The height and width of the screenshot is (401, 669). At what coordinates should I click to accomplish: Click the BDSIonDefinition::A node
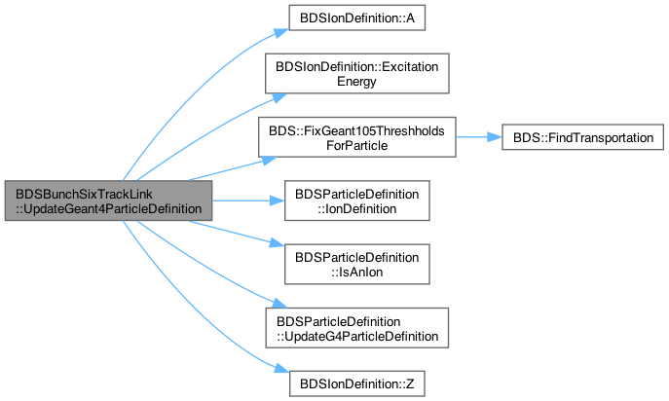coord(357,18)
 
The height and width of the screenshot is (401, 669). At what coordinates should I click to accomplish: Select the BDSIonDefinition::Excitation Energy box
coord(357,73)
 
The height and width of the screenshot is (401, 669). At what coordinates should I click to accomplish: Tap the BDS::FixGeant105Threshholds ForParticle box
coord(357,137)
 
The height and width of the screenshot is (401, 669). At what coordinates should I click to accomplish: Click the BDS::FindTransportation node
coord(582,137)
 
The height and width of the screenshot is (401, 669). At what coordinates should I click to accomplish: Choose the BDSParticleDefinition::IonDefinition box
coord(357,200)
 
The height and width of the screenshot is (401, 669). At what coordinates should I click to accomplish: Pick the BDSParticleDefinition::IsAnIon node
coord(357,265)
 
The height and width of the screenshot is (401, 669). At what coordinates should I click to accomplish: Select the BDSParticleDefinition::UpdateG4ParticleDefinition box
coord(357,328)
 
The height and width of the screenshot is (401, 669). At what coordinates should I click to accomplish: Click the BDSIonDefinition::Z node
coord(357,383)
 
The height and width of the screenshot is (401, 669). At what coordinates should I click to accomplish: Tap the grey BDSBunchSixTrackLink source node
coord(108,200)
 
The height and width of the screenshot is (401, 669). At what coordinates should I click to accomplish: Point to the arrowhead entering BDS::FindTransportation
coord(495,137)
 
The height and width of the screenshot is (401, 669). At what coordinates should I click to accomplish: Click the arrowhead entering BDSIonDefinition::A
coord(282,32)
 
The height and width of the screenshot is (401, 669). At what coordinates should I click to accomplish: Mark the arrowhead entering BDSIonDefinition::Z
coord(282,369)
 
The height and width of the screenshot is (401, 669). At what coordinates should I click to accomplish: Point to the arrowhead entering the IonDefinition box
coord(278,200)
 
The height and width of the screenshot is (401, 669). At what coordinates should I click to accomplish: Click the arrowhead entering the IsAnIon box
coord(278,244)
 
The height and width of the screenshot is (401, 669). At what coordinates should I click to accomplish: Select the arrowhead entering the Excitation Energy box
coord(279,97)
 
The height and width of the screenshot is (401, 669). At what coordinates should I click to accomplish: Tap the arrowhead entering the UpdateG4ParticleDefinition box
coord(279,304)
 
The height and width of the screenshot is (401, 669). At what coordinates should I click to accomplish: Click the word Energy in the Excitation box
coord(356,81)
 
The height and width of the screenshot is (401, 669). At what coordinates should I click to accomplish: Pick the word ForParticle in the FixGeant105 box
coord(357,145)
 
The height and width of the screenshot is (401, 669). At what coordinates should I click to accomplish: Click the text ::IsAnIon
coord(357,272)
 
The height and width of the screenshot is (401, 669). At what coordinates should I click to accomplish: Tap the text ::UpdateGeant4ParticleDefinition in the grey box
coord(109,208)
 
